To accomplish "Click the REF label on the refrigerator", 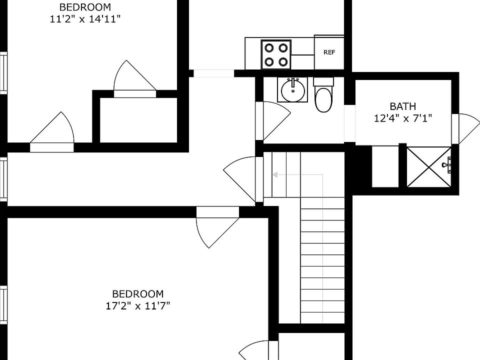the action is point(329,52).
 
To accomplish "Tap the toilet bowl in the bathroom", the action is point(323,100).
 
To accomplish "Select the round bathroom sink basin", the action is point(293,90).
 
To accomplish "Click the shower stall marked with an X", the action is point(428,167).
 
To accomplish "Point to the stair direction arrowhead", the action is point(275,175).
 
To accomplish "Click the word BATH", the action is point(403,106).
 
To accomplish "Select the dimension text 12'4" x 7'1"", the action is point(403,118).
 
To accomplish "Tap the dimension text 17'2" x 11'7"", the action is point(138,305).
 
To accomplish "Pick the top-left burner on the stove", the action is point(269,48).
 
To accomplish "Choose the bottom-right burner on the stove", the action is point(283,62).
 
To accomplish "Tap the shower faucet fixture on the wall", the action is point(447,165).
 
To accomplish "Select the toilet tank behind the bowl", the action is point(323,81).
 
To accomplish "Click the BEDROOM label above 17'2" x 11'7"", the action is point(138,294).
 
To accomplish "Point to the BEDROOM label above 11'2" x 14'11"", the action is point(85,7).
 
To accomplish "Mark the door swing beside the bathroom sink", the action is point(274,120).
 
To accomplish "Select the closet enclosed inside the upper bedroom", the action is point(138,120).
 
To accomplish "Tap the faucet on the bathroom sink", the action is point(293,82).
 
